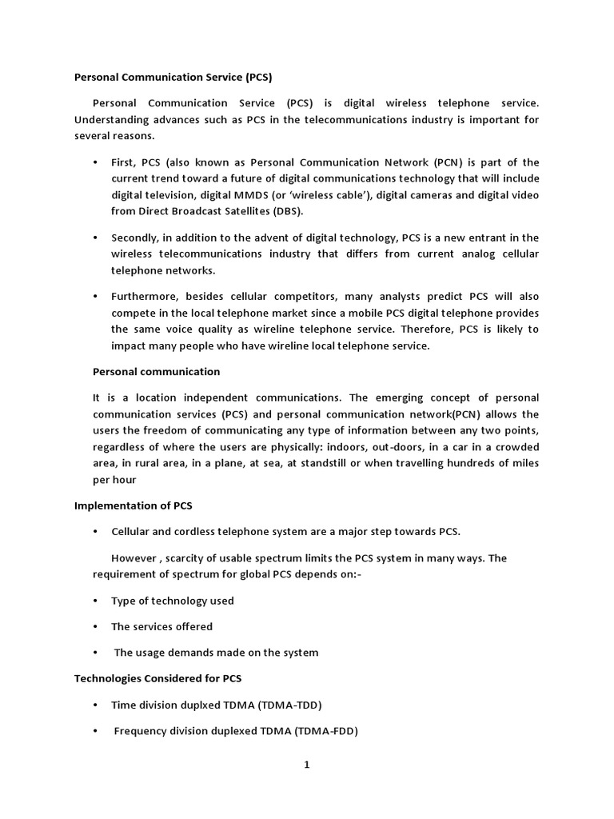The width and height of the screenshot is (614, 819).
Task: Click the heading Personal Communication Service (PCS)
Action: [173, 78]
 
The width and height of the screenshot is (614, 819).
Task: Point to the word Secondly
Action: [135, 238]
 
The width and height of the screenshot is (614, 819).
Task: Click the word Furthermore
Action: [144, 296]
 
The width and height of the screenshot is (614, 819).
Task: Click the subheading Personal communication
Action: [156, 372]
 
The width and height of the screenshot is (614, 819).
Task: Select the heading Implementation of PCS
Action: [133, 506]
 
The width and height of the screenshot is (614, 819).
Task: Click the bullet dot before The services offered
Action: [95, 627]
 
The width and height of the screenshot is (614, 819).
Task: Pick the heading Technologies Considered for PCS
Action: [157, 678]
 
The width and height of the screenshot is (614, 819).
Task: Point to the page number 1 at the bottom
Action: [306, 765]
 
